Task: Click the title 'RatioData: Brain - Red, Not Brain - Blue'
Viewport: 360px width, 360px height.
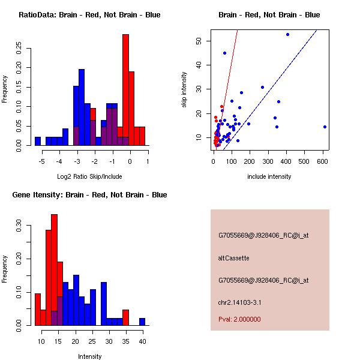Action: click(x=89, y=15)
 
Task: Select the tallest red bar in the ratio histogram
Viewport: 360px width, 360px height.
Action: click(x=125, y=90)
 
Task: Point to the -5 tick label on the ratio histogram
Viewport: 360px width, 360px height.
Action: click(x=41, y=161)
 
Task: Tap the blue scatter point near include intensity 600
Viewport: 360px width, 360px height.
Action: click(x=325, y=127)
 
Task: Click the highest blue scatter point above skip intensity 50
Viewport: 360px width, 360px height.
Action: click(x=287, y=34)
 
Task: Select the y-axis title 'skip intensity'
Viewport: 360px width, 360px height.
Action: click(x=184, y=90)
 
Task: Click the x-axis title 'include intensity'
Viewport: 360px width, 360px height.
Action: click(x=269, y=176)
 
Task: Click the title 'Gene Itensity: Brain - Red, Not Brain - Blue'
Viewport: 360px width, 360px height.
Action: click(x=89, y=195)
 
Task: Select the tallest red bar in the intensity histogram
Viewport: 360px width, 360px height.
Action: click(x=54, y=270)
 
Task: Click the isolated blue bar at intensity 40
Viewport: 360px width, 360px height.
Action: click(x=142, y=322)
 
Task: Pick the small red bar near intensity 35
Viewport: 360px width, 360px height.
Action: click(x=126, y=317)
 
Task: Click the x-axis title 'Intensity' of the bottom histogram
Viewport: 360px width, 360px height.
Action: click(x=89, y=356)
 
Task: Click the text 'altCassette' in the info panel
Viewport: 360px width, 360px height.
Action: click(x=233, y=258)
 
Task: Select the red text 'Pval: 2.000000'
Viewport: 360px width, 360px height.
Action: click(x=239, y=319)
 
